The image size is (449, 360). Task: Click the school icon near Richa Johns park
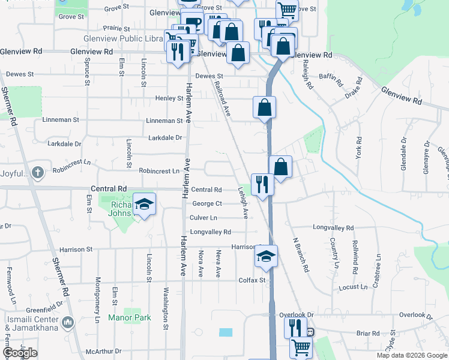(144, 205)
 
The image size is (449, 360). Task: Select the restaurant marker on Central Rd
(262, 184)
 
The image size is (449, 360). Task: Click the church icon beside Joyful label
(38, 173)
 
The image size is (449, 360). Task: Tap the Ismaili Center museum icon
(67, 323)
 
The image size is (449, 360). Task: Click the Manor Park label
(130, 317)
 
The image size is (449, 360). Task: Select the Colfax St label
(252, 280)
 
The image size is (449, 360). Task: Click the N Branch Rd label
(300, 254)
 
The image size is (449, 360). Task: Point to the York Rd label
(358, 148)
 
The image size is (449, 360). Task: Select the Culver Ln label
(203, 218)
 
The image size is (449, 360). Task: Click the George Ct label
(207, 204)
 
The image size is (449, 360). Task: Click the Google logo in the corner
(20, 353)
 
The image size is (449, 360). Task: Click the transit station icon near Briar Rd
(310, 331)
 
